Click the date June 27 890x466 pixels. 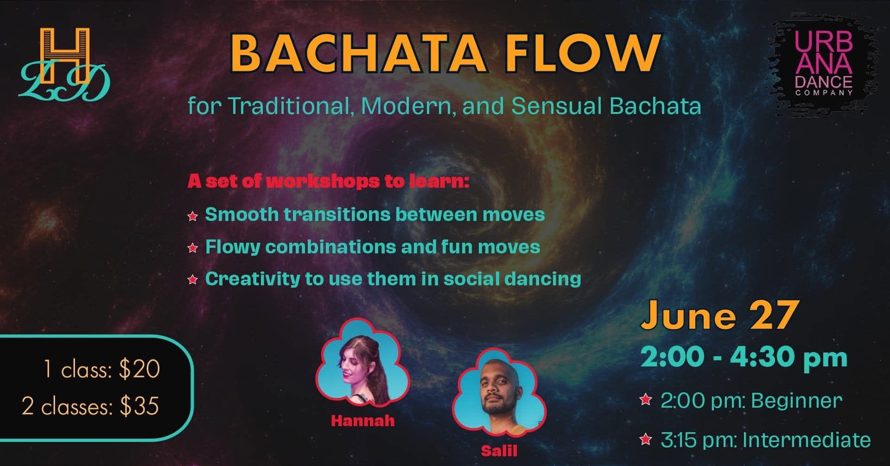pyautogui.click(x=719, y=315)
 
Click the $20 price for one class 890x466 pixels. pyautogui.click(x=139, y=369)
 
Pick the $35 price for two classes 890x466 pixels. pyautogui.click(x=139, y=406)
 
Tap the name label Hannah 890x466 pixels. pyautogui.click(x=362, y=421)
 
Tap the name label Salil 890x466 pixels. pyautogui.click(x=499, y=451)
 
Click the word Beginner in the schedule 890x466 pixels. pyautogui.click(x=796, y=401)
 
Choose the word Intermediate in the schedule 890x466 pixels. pyautogui.click(x=806, y=440)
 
